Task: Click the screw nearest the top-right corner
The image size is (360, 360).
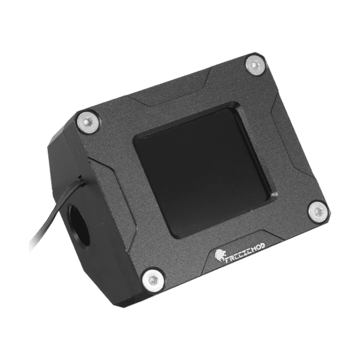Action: tap(255, 66)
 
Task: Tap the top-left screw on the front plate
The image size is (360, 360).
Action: tap(87, 122)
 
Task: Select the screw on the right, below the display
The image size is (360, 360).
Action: tap(318, 212)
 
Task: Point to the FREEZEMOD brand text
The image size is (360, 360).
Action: tap(245, 252)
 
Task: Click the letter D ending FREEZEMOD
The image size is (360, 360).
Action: tap(262, 246)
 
